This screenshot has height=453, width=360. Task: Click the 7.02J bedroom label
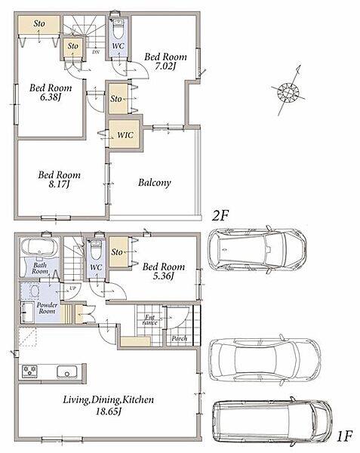click(x=165, y=61)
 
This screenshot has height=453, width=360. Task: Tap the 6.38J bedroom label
click(x=51, y=92)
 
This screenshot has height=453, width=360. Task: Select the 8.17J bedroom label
click(x=59, y=180)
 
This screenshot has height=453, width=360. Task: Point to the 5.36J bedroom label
click(x=164, y=271)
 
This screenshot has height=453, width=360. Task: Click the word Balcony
click(x=155, y=183)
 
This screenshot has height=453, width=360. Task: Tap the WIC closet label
click(x=125, y=135)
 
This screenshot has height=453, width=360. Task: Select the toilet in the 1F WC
click(x=95, y=250)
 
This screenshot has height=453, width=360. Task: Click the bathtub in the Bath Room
click(x=39, y=248)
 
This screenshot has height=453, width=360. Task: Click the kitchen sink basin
click(x=66, y=371)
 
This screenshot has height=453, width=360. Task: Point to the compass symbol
click(x=288, y=92)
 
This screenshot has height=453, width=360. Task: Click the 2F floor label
click(x=220, y=215)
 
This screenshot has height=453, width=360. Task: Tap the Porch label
click(x=180, y=338)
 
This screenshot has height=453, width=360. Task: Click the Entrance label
click(x=150, y=320)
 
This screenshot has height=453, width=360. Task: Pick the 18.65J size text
click(x=108, y=411)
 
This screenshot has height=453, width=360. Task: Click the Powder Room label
click(x=47, y=308)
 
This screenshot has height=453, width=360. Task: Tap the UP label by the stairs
click(x=72, y=288)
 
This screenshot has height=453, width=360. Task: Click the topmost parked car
click(x=257, y=250)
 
